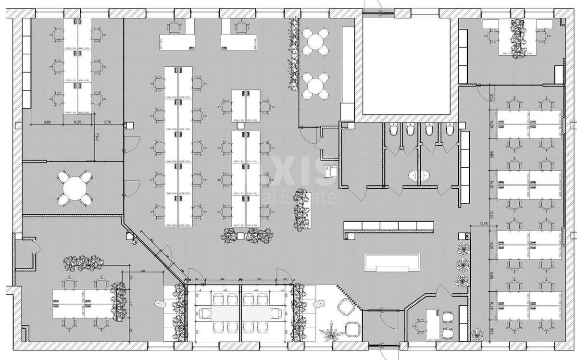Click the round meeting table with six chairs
point(75,188)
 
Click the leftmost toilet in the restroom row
point(393,130)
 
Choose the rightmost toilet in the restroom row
point(450,130)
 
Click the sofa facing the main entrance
point(392,262)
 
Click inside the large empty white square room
point(406,65)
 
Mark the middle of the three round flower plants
point(463,264)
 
